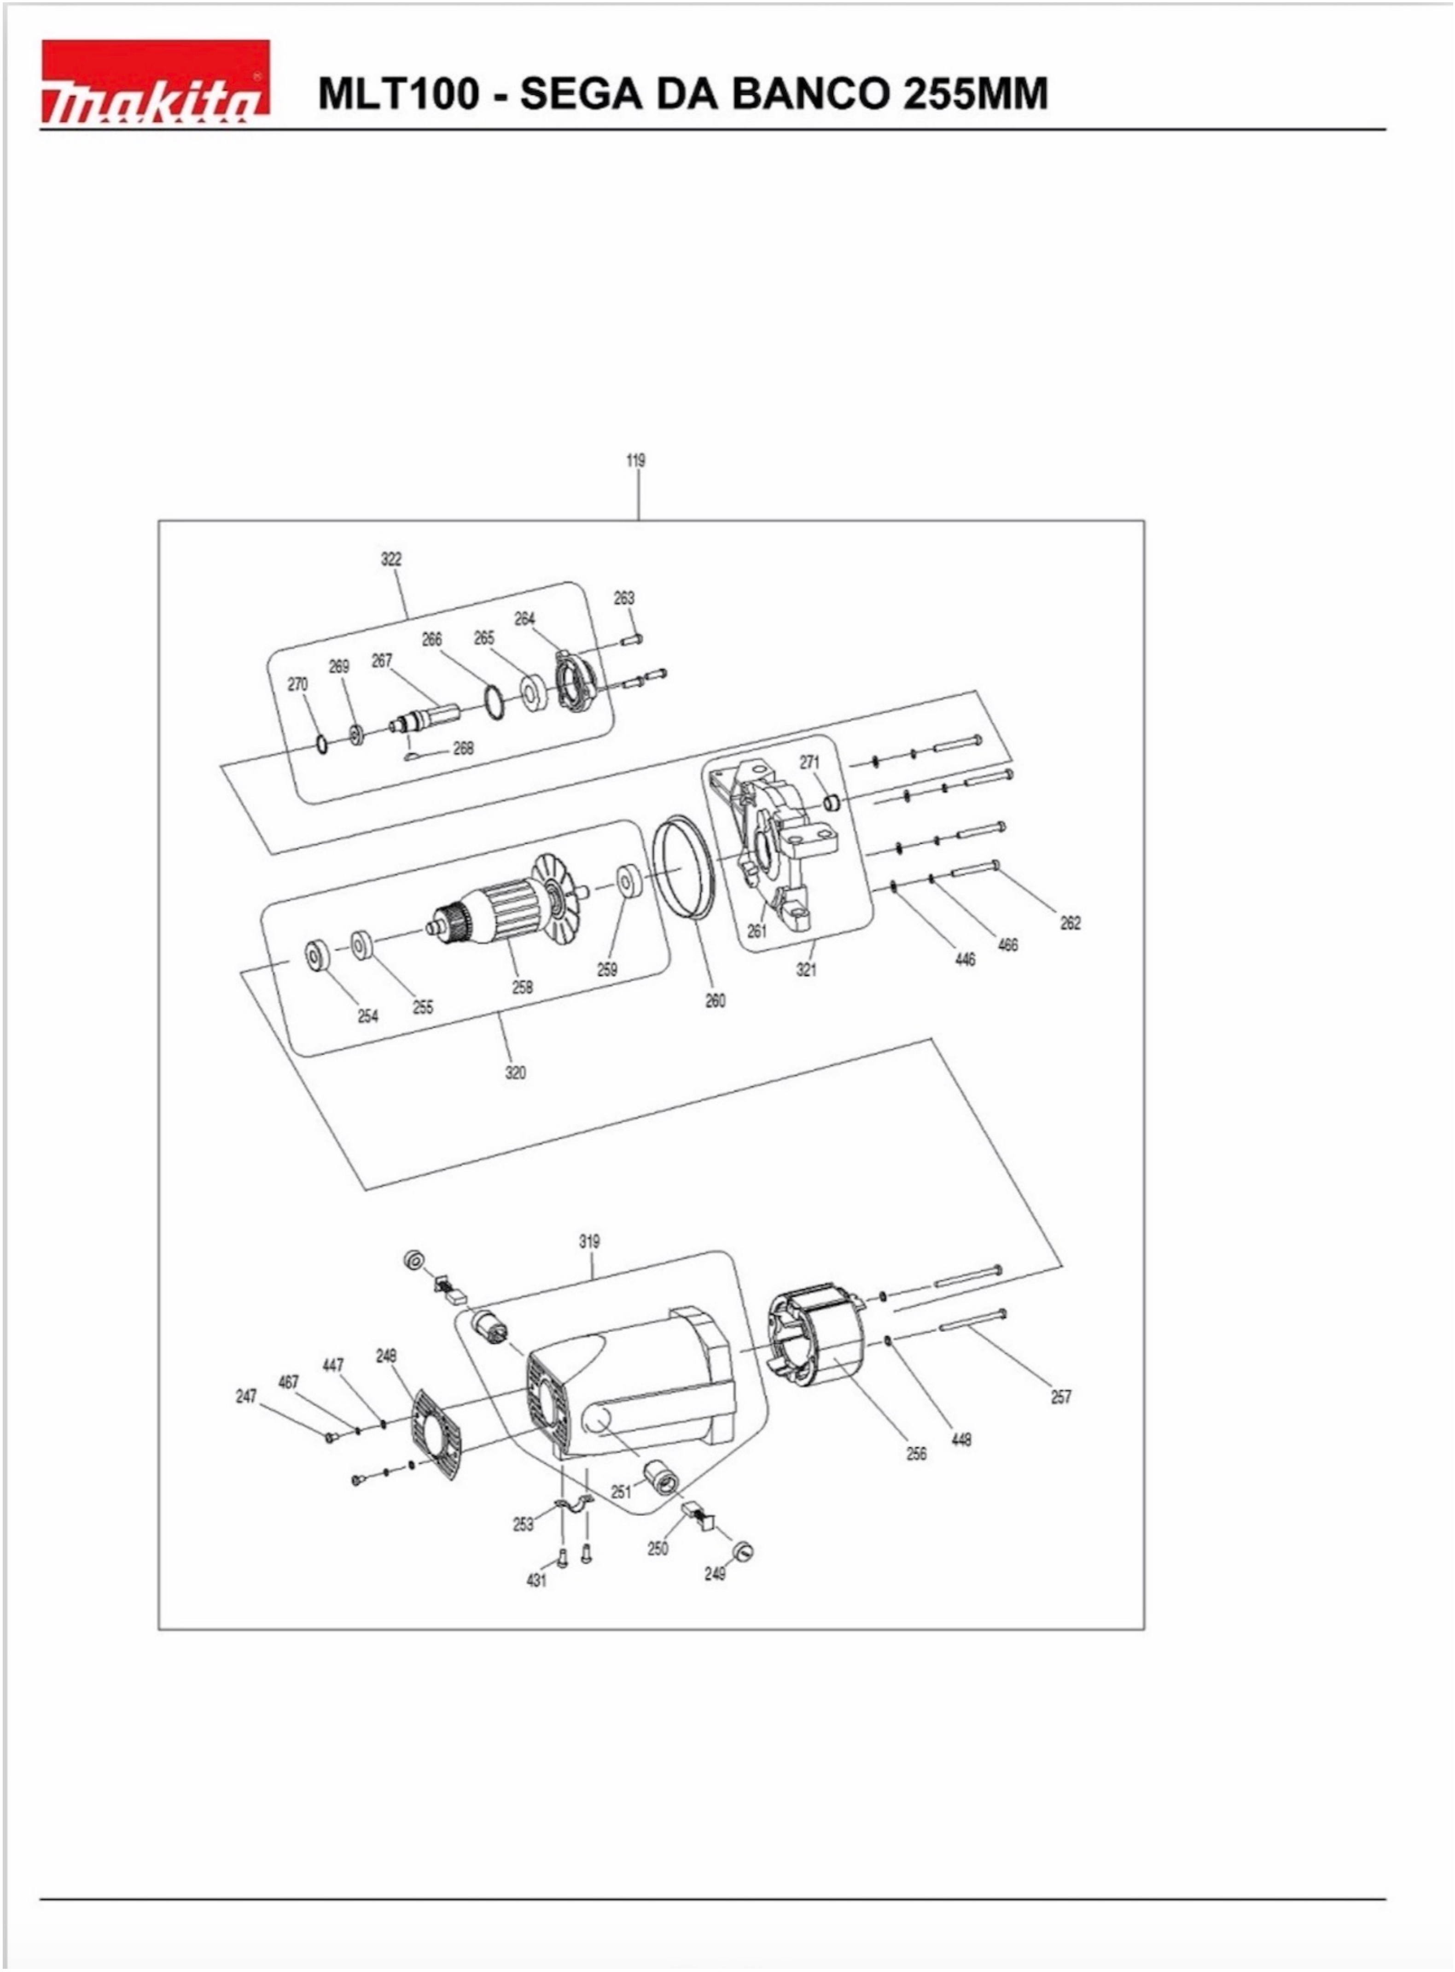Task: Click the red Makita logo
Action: (x=155, y=81)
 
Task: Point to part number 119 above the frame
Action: (x=635, y=460)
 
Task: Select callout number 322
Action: (x=391, y=558)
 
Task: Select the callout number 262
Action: (x=1070, y=922)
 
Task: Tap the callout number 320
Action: (x=515, y=1072)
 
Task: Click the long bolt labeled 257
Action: (x=972, y=1321)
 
